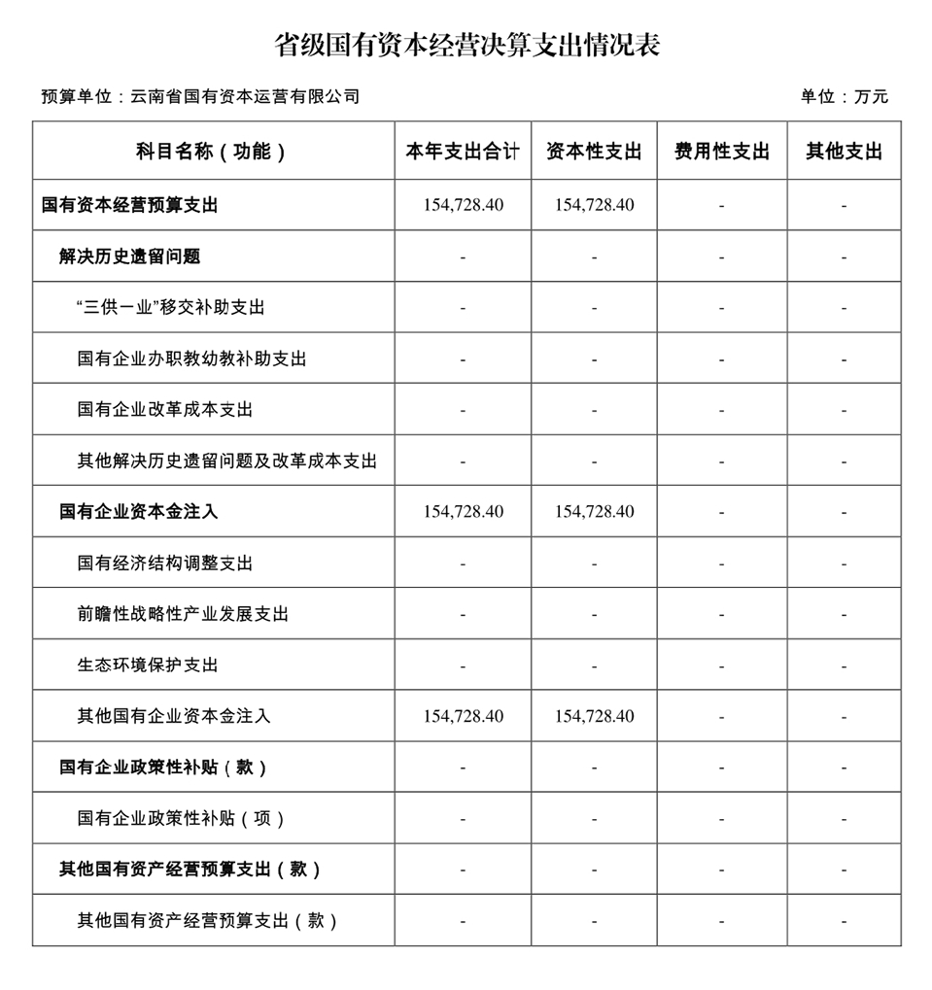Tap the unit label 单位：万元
[x=844, y=96]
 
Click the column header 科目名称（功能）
[x=212, y=152]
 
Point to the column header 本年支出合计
[x=463, y=152]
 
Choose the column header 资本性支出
[x=594, y=152]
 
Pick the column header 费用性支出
[x=721, y=152]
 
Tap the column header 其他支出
[x=844, y=152]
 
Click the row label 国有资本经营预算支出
[x=130, y=205]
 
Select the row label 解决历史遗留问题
[x=129, y=256]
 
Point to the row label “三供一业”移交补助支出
[x=170, y=308]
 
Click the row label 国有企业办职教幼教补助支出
[x=191, y=358]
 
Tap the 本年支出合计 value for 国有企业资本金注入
[x=463, y=512]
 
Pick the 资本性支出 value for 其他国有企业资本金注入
[x=594, y=716]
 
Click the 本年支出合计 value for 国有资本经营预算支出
[x=463, y=205]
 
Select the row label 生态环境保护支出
[x=148, y=666]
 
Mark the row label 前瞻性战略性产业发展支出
[x=183, y=614]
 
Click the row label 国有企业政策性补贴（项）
[x=182, y=819]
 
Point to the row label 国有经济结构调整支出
[x=165, y=563]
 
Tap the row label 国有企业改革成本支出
[x=165, y=410]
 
